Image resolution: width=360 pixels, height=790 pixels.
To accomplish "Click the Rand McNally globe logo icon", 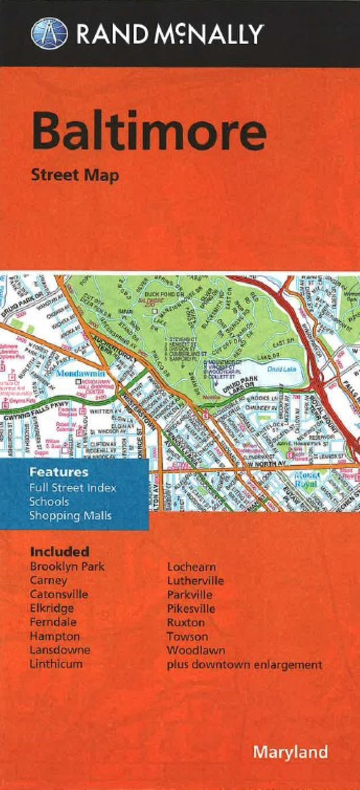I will click(49, 32).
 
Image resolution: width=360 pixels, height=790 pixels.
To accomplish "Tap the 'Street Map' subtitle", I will click(74, 176).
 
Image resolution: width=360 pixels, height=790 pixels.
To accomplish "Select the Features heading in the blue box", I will click(58, 472).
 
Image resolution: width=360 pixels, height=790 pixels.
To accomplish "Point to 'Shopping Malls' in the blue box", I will click(71, 516).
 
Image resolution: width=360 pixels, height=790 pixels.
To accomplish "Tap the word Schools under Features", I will click(47, 501).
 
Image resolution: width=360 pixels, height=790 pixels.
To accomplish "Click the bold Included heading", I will click(59, 552).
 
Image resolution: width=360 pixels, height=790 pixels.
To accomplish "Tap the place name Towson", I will click(188, 637).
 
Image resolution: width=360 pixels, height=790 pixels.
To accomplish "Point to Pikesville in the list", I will click(191, 609).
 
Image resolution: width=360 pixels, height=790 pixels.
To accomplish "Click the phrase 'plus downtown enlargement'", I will click(245, 665).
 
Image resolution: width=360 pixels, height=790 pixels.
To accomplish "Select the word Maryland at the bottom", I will click(290, 752).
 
